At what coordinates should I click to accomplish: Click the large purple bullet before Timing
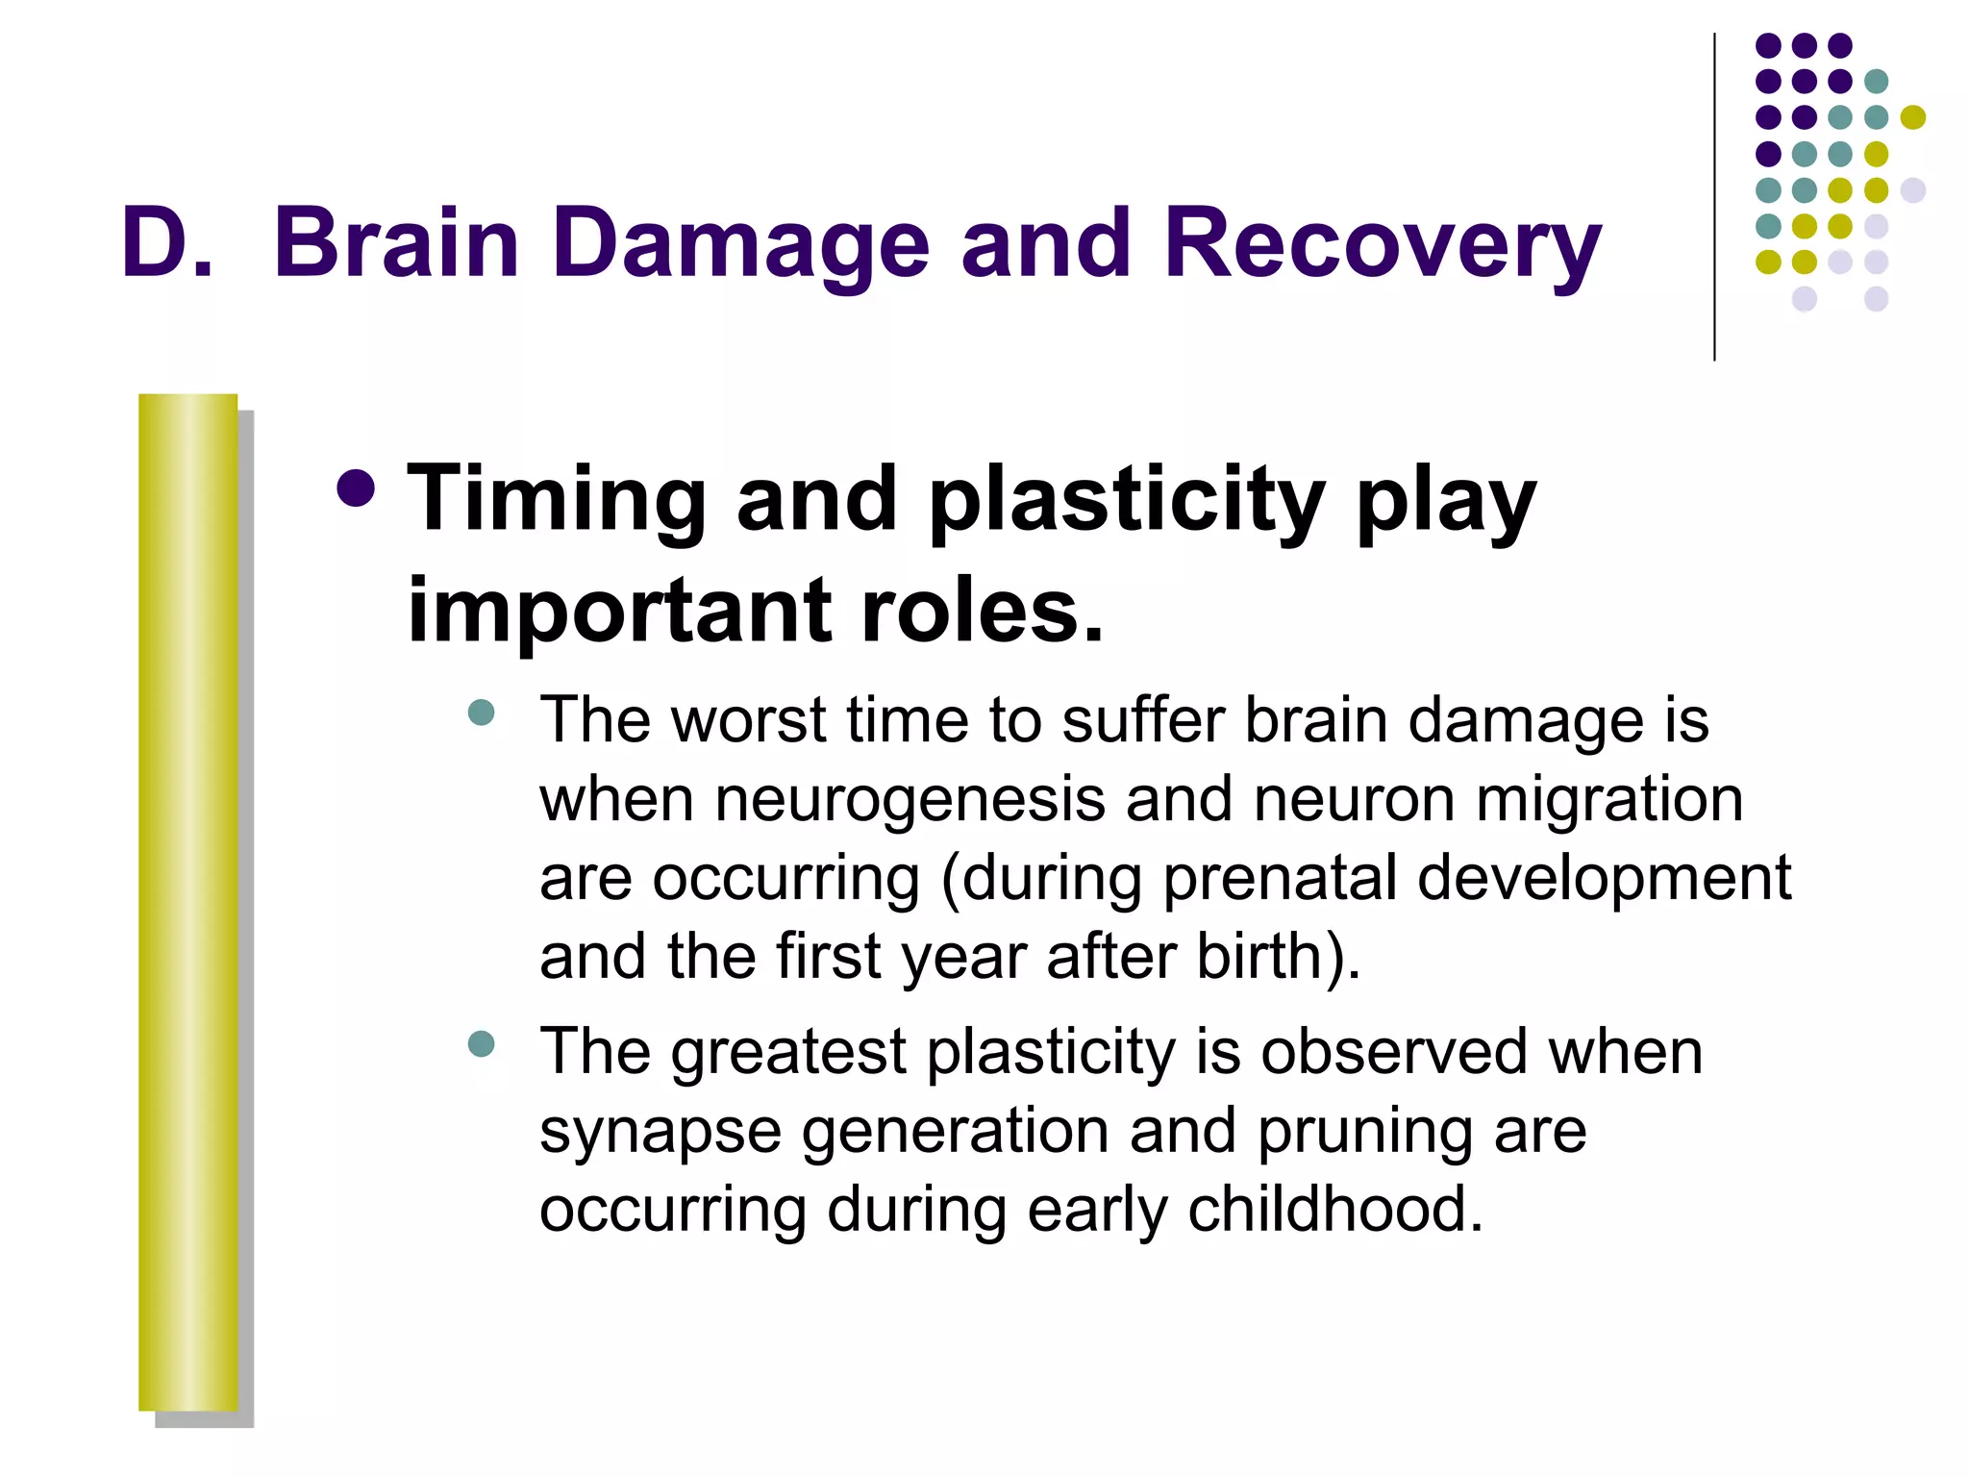(x=357, y=488)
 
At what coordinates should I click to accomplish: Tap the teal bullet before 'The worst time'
(x=481, y=713)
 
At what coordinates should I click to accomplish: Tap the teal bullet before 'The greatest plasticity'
(x=481, y=1043)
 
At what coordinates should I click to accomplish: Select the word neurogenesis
(x=910, y=800)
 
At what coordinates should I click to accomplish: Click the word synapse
(x=660, y=1132)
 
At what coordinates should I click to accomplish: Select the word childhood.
(x=1335, y=1209)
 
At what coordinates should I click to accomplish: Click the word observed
(x=1394, y=1051)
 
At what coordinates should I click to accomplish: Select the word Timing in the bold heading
(x=557, y=500)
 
